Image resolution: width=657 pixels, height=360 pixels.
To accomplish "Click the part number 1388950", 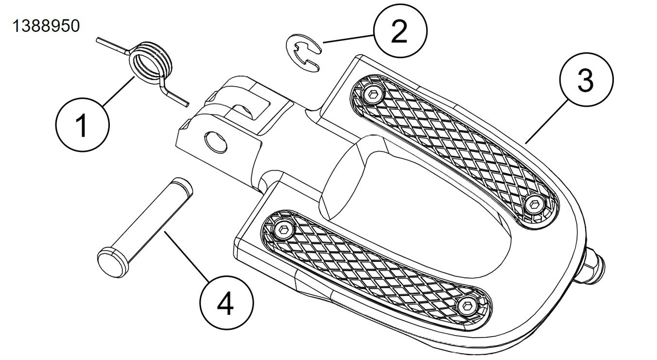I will (47, 26).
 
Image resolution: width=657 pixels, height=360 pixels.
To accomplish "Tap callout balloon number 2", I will (399, 31).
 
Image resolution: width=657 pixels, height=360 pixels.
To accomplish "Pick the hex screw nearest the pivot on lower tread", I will (283, 229).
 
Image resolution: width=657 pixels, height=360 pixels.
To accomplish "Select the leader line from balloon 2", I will (347, 39).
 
